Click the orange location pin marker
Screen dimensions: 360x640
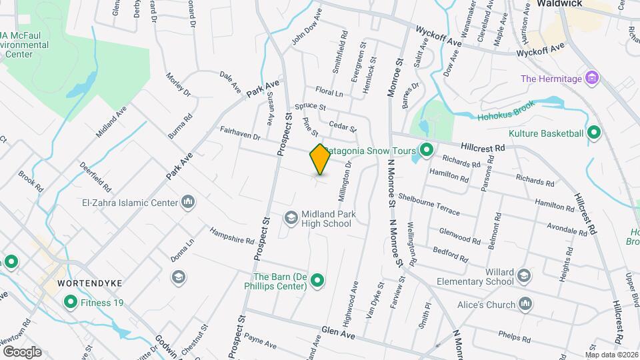pyautogui.click(x=320, y=159)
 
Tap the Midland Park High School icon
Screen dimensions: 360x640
pyautogui.click(x=291, y=218)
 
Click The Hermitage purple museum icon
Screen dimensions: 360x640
pyautogui.click(x=591, y=79)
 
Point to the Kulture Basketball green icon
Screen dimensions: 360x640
pyautogui.click(x=593, y=133)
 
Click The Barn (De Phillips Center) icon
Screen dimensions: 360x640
pyautogui.click(x=317, y=281)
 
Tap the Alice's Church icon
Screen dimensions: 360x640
pyautogui.click(x=525, y=304)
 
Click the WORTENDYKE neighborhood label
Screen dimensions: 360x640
pyautogui.click(x=89, y=283)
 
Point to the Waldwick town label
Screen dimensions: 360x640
pyautogui.click(x=559, y=3)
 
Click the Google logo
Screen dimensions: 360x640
pyautogui.click(x=22, y=351)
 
